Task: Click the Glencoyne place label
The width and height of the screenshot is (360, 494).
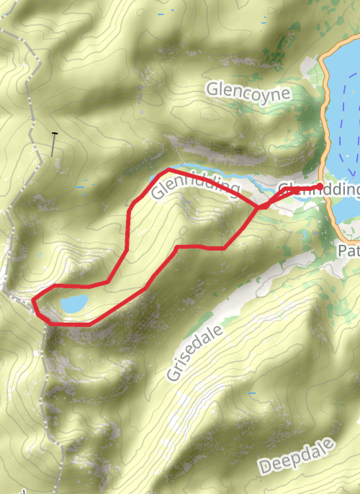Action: [x=248, y=91]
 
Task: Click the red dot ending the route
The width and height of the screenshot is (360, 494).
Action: [x=320, y=187]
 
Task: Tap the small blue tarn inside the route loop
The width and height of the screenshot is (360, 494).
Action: [x=73, y=304]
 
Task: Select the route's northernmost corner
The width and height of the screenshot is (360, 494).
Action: [x=168, y=169]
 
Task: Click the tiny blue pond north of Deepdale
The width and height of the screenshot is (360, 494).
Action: [x=252, y=394]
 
